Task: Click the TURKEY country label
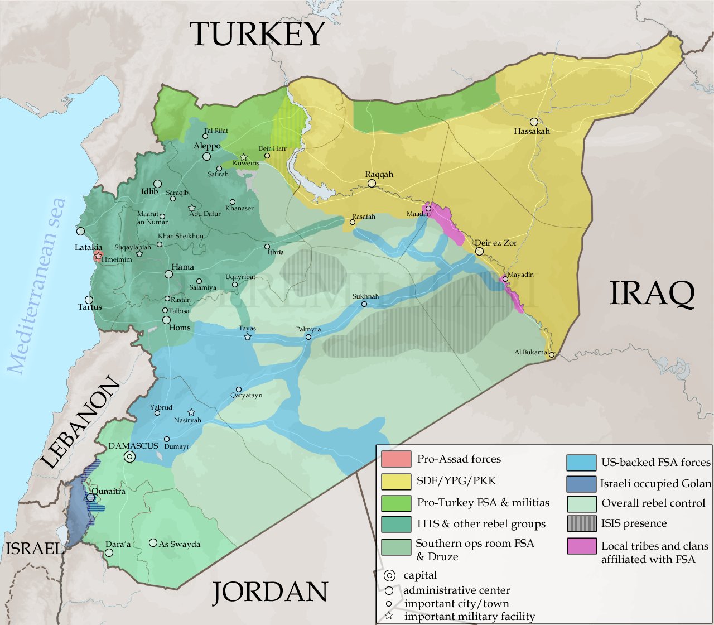257,35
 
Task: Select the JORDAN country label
269,592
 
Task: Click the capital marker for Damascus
130,457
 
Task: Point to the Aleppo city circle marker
207,156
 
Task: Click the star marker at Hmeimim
98,256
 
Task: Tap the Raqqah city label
379,174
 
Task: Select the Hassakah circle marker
534,122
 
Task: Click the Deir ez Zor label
495,243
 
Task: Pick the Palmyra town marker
308,337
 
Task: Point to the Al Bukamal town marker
551,355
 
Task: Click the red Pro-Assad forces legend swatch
396,459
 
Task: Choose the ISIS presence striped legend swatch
582,523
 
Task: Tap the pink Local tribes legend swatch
582,546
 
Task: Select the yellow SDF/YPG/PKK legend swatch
396,481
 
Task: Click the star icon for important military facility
389,616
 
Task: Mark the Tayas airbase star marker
248,337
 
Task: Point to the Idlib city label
149,191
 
